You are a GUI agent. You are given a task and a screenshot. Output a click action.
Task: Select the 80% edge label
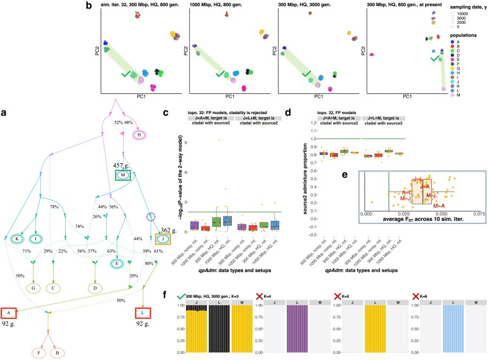[149, 264]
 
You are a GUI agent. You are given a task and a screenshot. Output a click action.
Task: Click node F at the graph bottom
[42, 351]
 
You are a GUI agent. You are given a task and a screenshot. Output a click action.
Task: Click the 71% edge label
[27, 251]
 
